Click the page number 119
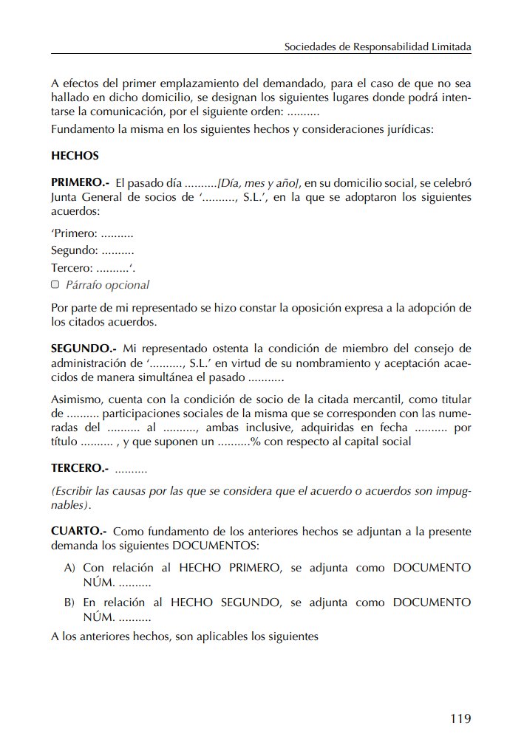[x=460, y=718]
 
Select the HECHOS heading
[x=75, y=156]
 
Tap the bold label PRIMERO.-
[x=81, y=182]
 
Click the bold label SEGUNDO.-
[x=84, y=348]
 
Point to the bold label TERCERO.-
[x=80, y=468]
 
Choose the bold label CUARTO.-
[x=79, y=531]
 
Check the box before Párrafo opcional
[x=55, y=284]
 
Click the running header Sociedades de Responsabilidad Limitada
[x=378, y=47]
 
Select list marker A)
[x=70, y=568]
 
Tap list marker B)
[x=70, y=602]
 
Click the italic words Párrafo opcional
[x=107, y=285]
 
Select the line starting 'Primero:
[x=92, y=233]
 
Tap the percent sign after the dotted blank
[x=255, y=442]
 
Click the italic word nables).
[x=71, y=505]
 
